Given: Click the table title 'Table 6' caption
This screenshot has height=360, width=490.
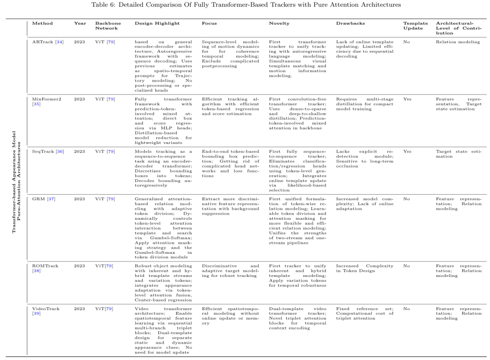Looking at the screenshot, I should point(245,5).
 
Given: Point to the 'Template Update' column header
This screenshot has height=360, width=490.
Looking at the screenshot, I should point(416,25).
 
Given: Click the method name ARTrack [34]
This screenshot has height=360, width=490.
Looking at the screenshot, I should point(48,42).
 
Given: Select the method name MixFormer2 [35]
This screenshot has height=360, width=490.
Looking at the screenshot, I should point(45,101).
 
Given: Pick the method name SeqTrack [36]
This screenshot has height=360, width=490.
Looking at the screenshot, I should point(48,151).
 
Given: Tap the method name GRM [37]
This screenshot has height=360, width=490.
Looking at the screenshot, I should point(44,199).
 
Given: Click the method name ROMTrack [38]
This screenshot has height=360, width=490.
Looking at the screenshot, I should point(45,268).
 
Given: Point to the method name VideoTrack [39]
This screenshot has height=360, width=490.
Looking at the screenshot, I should point(46,311).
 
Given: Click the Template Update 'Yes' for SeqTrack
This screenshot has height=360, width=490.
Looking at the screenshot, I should point(407,151).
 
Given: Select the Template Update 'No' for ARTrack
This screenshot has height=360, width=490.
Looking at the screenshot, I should point(407,42).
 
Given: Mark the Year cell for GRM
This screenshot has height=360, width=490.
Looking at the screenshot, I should point(80,199).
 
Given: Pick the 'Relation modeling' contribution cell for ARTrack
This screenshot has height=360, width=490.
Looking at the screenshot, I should point(457,42).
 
